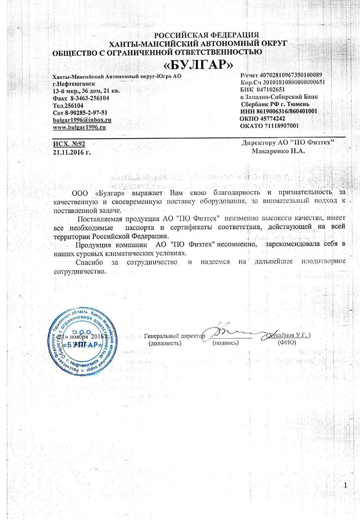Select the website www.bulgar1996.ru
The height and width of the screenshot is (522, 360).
coord(79,127)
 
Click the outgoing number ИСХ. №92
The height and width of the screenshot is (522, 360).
coord(69,144)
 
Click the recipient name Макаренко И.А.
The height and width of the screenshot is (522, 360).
coord(278,151)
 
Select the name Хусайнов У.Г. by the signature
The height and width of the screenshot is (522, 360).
coord(288,336)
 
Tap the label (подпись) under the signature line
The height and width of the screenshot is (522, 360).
coord(225,343)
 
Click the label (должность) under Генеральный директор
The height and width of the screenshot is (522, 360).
coord(165,343)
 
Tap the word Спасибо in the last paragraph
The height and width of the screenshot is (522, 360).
coord(90,261)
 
